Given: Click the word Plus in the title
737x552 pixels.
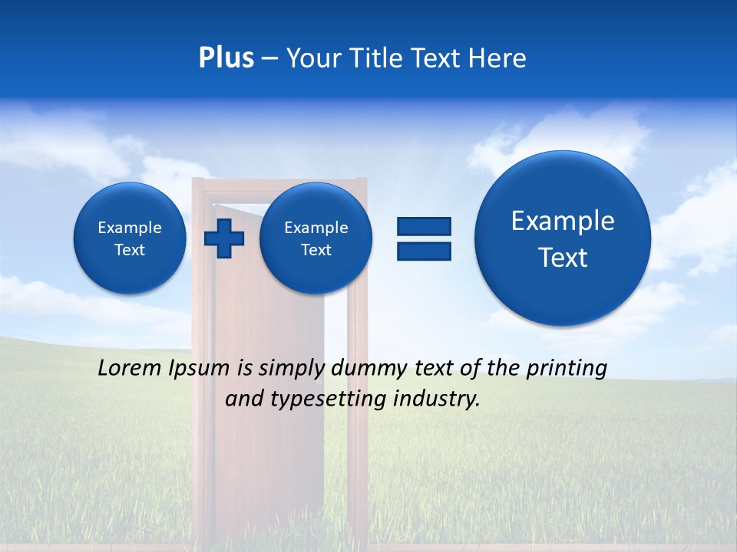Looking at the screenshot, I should pos(226,58).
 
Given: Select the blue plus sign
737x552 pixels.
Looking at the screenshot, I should pos(224,238).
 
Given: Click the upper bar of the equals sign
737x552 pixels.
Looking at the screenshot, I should pos(424,226).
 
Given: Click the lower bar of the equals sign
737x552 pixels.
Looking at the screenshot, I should pos(424,251).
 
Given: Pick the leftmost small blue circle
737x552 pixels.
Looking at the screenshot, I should pos(130,238).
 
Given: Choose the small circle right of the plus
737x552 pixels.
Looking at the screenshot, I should pos(316,238).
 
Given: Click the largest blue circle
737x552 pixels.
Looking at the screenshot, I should pos(563,238).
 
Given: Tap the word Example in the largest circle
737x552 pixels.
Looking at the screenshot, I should pos(563,221).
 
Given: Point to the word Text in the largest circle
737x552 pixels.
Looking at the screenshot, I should pos(563,258).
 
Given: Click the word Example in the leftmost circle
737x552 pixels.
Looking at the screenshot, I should pos(130,228).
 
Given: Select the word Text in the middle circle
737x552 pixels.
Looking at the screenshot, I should pos(316,250).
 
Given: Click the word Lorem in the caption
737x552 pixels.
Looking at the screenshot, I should pos(131,369).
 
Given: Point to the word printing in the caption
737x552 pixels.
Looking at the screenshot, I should pos(567,369).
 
